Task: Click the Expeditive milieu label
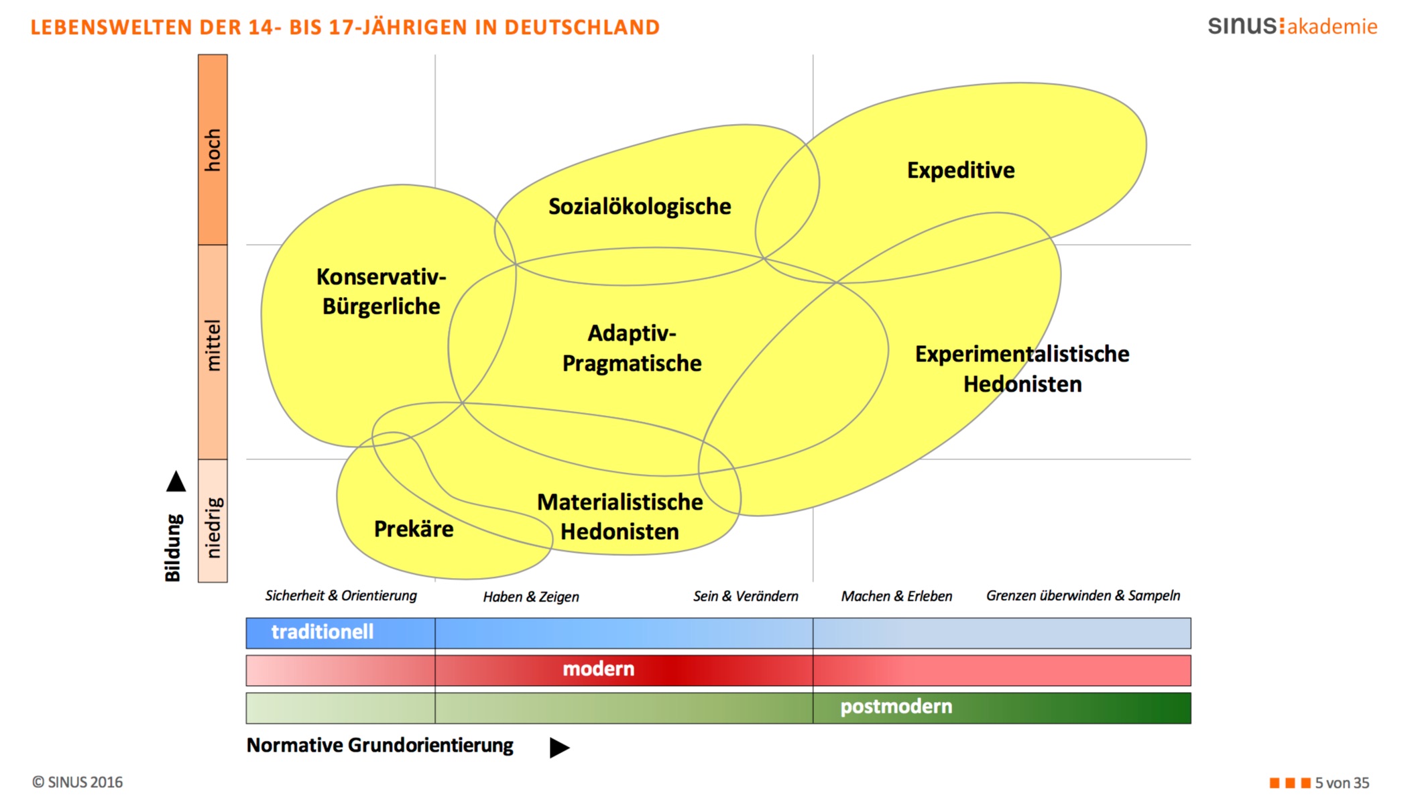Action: tap(961, 170)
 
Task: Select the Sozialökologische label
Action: tap(640, 207)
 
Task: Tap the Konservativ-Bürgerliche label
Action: tap(381, 292)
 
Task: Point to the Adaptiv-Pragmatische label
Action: tap(632, 348)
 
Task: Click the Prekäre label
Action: tap(414, 529)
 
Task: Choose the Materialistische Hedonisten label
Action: tap(620, 517)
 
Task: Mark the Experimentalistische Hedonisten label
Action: tap(1022, 369)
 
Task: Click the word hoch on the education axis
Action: tap(213, 150)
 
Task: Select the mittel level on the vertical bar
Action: tap(213, 345)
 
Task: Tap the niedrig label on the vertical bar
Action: tap(213, 528)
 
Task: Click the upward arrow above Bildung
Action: tap(176, 481)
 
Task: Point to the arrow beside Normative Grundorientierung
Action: tap(559, 747)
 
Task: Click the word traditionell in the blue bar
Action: tap(322, 632)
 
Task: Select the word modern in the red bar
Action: tap(598, 669)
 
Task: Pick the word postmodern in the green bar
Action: tap(896, 706)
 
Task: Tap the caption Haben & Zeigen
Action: tap(531, 597)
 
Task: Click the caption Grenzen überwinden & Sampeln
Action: tap(1083, 595)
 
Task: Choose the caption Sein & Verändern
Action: tap(746, 596)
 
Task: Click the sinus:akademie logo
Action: tap(1293, 26)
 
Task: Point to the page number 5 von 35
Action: tap(1342, 783)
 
